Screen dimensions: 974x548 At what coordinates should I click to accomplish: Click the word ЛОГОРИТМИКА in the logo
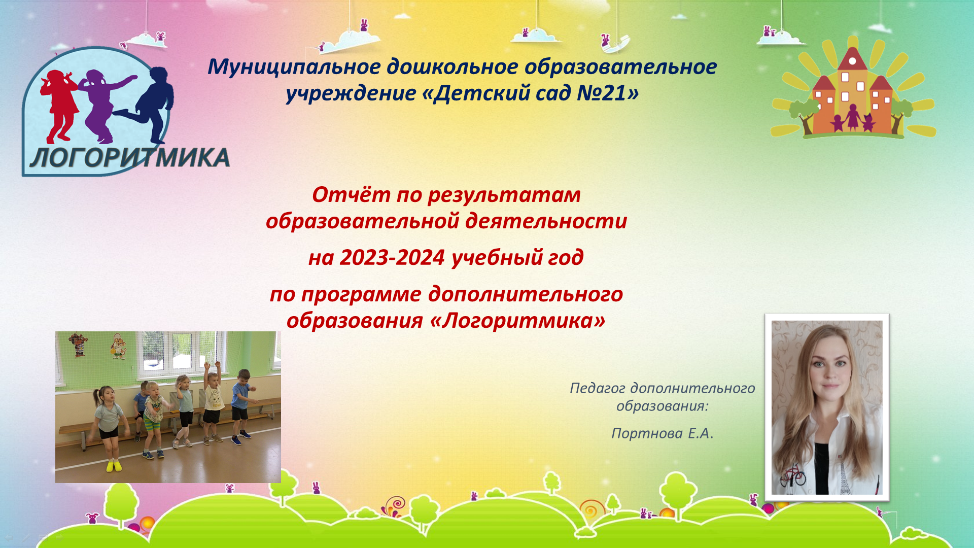pyautogui.click(x=130, y=157)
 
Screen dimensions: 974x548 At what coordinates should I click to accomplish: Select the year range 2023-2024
pyautogui.click(x=392, y=257)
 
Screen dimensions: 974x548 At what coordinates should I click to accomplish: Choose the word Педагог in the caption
pyautogui.click(x=597, y=389)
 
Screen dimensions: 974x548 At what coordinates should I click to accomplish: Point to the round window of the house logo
pyautogui.click(x=852, y=61)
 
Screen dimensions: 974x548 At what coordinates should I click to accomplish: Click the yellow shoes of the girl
pyautogui.click(x=114, y=465)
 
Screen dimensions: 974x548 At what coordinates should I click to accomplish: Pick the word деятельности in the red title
pyautogui.click(x=546, y=221)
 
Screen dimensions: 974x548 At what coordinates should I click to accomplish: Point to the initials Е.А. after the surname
pyautogui.click(x=701, y=433)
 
